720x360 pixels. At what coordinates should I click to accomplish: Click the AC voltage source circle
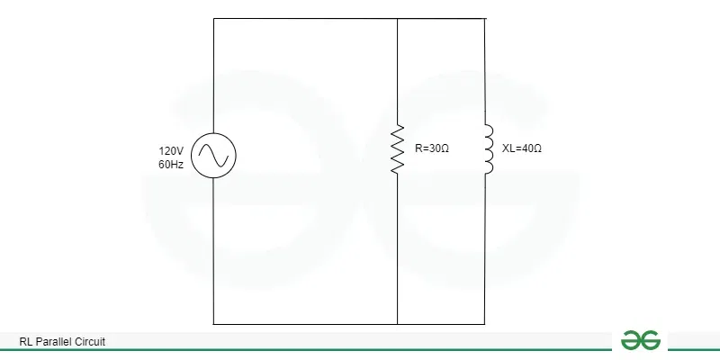(x=213, y=133)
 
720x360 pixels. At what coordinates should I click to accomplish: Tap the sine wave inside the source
(x=213, y=155)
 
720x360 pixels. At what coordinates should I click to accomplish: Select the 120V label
(x=171, y=150)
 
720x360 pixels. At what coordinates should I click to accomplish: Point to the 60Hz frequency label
(x=171, y=165)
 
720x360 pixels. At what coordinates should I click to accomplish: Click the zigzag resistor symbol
(x=398, y=148)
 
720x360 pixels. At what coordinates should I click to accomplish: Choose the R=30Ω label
(x=432, y=148)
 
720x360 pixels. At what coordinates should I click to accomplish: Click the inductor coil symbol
(x=489, y=148)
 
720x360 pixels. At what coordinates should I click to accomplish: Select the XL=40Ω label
(x=522, y=148)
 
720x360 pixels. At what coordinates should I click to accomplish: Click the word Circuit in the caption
(x=91, y=342)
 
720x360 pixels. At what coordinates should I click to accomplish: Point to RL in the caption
(x=26, y=342)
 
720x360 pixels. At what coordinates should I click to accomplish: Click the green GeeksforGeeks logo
(x=641, y=340)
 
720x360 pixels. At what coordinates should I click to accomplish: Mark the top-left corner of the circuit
(x=213, y=18)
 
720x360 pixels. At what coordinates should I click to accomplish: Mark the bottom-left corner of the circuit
(x=213, y=324)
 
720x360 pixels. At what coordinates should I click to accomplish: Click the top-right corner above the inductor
(x=485, y=18)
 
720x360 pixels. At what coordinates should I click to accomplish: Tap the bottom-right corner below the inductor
(x=485, y=324)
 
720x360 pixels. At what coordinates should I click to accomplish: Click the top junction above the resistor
(x=397, y=18)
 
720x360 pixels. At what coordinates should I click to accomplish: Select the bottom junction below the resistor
(x=397, y=324)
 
